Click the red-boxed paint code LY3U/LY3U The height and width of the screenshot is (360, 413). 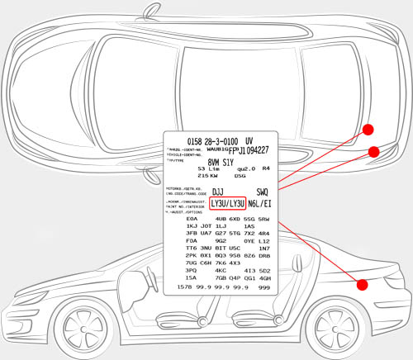(x=227, y=202)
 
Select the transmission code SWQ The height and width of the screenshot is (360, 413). (x=263, y=192)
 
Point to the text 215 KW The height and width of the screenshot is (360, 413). (x=208, y=176)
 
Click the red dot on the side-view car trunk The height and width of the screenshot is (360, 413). (x=362, y=285)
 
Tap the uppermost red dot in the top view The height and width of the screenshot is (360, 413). (x=369, y=130)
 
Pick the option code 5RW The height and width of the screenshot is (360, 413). (x=264, y=219)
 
